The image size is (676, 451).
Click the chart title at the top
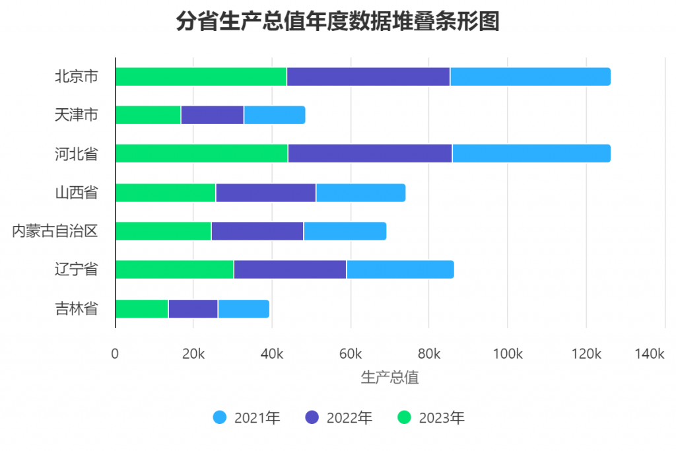click(337, 21)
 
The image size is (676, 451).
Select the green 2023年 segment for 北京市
click(201, 77)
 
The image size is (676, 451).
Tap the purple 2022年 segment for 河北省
click(370, 153)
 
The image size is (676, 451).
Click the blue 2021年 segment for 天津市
click(274, 115)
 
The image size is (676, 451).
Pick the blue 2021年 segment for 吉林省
click(243, 308)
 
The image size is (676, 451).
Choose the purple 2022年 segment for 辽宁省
click(290, 269)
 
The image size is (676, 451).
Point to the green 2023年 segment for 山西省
click(165, 193)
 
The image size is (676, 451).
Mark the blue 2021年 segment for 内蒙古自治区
click(345, 231)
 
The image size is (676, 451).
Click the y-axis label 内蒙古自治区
click(55, 231)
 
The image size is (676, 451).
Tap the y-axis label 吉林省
click(76, 308)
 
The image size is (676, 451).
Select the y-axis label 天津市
click(76, 115)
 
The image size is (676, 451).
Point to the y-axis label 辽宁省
click(76, 269)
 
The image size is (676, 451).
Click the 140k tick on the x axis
click(649, 354)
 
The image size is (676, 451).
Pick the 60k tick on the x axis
click(351, 354)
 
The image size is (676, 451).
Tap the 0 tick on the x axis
click(116, 354)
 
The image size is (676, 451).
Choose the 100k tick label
click(507, 354)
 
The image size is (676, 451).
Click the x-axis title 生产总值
click(389, 378)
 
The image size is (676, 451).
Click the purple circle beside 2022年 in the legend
click(312, 417)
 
